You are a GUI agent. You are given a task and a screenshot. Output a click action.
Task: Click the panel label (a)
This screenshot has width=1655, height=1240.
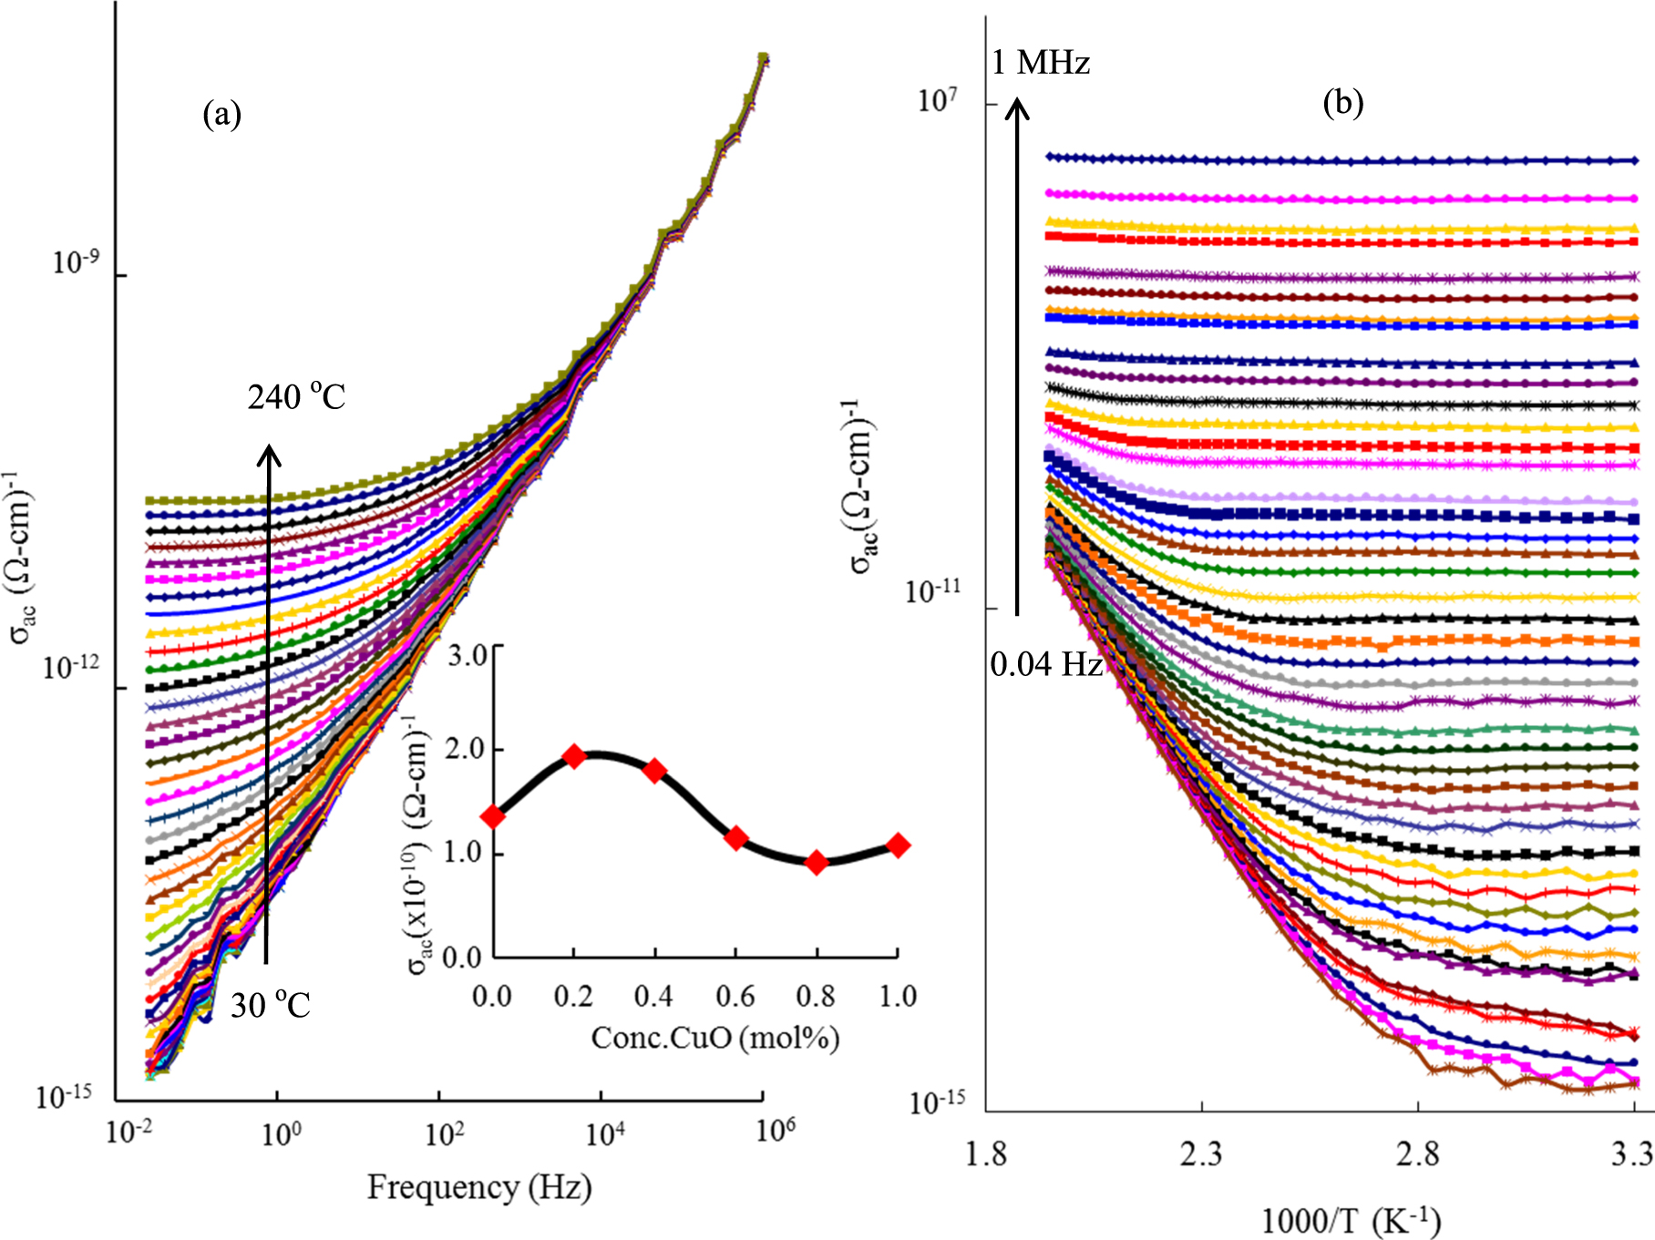(x=221, y=115)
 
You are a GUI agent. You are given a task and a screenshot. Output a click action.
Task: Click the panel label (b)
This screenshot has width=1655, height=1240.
(x=1342, y=102)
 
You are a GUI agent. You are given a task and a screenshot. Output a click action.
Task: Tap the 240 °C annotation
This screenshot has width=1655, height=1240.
(x=296, y=397)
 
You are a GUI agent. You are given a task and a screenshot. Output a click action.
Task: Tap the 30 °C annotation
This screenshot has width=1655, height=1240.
(x=270, y=1005)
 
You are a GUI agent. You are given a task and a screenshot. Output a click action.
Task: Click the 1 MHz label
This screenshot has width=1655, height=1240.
(x=1040, y=63)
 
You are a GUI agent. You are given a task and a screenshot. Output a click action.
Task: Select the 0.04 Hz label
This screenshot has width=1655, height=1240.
(x=1045, y=664)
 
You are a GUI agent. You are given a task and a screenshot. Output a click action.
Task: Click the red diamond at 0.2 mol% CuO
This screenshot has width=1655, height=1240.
(x=574, y=755)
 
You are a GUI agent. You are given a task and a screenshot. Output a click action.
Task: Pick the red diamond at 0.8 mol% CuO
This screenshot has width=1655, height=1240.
(x=817, y=862)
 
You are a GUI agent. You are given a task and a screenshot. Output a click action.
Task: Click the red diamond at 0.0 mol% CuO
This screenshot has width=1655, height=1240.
(x=493, y=816)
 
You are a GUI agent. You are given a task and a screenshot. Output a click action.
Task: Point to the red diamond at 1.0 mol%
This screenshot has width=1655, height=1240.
(x=898, y=845)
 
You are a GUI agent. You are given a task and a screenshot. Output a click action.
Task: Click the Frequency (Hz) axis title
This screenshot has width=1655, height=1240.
(x=479, y=1187)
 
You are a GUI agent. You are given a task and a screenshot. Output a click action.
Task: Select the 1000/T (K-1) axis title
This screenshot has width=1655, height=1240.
(x=1350, y=1220)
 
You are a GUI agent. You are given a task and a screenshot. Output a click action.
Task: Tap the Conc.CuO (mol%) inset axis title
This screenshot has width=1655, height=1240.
(x=714, y=1038)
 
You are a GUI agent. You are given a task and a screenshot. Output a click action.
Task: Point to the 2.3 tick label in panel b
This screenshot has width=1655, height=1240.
(x=1200, y=1155)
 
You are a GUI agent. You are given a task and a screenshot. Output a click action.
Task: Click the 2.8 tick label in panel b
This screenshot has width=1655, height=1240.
(x=1417, y=1155)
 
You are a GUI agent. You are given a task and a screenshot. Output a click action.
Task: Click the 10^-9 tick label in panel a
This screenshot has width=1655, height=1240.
(x=76, y=263)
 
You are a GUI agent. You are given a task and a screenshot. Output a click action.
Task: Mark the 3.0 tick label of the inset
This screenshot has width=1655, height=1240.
(x=468, y=655)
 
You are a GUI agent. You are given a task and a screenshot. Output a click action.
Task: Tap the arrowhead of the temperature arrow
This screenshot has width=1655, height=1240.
(x=268, y=453)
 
